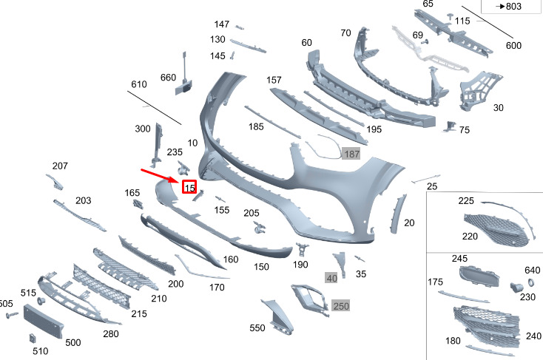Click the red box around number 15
pos(189,187)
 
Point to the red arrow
pos(160,175)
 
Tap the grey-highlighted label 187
pos(351,154)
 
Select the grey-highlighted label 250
pos(341,306)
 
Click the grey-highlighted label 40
pos(331,278)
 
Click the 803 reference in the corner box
pos(509,6)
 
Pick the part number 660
pos(169,78)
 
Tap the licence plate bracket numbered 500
pos(44,321)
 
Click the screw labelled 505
pos(12,315)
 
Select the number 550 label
pos(257,327)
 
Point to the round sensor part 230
pos(516,287)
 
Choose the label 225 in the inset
pos(466,201)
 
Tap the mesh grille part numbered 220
pos(497,230)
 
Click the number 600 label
pos(513,45)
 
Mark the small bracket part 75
pos(451,126)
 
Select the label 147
pos(222,24)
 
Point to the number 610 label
pos(139,84)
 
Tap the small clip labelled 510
pos(33,338)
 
